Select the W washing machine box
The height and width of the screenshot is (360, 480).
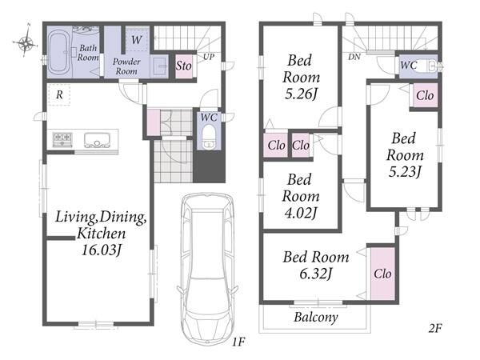pos(137,40)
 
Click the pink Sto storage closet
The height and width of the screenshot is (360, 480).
pos(183,66)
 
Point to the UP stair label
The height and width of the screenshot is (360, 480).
pos(209,57)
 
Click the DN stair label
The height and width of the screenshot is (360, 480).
pos(354,57)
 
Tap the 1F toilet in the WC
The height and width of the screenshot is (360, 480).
pos(210,136)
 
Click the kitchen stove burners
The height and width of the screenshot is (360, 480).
pos(62,139)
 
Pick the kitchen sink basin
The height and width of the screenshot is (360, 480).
pos(97,140)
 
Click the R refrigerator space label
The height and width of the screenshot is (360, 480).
pos(59,95)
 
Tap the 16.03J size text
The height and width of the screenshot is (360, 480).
pos(102,250)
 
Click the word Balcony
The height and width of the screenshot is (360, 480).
pos(316,317)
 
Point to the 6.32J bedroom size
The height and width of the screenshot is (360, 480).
pos(316,274)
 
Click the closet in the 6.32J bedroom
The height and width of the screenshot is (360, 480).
pos(382,274)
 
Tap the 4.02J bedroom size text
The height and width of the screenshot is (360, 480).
pos(300,213)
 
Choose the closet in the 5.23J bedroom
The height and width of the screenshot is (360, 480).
pos(425,95)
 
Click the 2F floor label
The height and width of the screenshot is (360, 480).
pos(434,328)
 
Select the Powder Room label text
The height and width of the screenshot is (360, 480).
pos(126,66)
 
